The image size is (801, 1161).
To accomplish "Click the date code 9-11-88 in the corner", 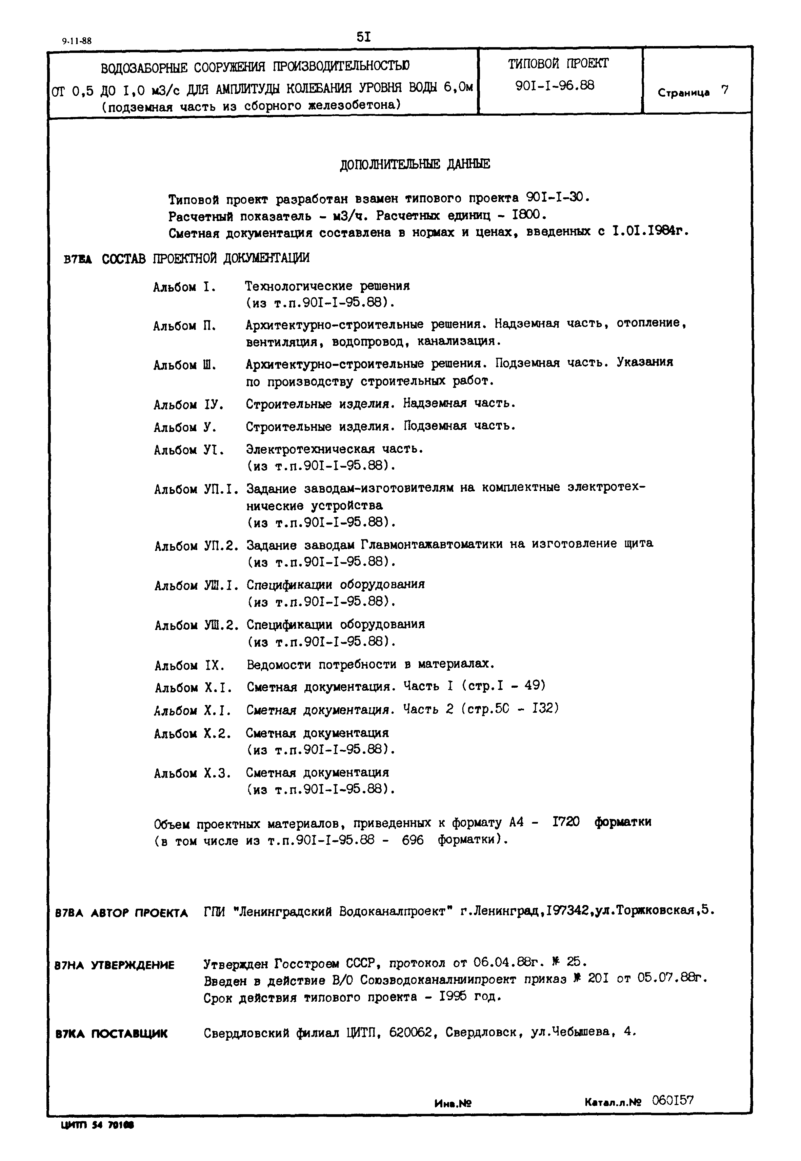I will click(x=77, y=41).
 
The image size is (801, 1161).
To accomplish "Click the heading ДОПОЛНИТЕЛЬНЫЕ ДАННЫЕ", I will click(x=415, y=164).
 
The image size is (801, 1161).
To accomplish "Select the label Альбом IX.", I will click(x=189, y=666).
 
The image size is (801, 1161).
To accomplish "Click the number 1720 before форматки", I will click(x=566, y=822).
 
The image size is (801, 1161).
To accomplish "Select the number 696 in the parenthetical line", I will click(x=413, y=840).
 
